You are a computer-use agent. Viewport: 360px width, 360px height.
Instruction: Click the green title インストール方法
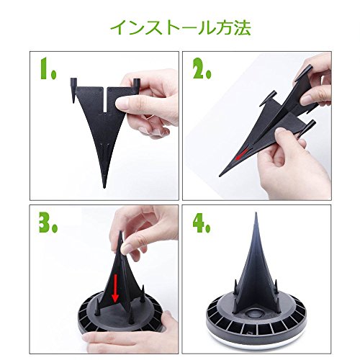point(181,28)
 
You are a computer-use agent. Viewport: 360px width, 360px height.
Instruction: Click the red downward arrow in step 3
point(115,289)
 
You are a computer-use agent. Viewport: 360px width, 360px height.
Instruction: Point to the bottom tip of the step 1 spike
point(104,187)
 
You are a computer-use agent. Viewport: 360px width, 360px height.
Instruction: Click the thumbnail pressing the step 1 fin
point(123,104)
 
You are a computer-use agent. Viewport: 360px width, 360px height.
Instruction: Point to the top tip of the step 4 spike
point(256,213)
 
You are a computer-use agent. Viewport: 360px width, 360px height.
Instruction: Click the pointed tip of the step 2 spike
point(220,176)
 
